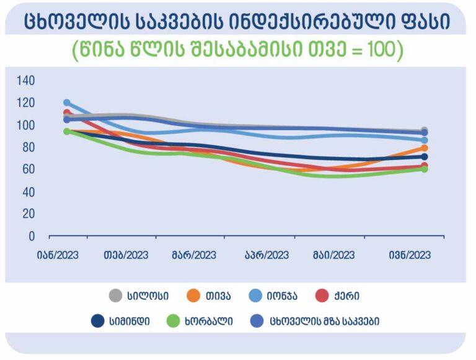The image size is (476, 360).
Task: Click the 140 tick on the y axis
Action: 25,81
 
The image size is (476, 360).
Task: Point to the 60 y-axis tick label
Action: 29,169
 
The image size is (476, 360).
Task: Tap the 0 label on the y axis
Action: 32,236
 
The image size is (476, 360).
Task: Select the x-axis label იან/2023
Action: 58,255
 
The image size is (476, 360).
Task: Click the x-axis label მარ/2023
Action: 194,255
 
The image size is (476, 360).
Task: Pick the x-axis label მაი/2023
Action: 333,255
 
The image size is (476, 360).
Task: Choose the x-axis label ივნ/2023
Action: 410,255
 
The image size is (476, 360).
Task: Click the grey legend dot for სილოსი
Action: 115,296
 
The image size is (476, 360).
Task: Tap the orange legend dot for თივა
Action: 193,296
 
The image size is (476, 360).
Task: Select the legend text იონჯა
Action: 282,296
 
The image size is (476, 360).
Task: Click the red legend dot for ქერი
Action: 322,296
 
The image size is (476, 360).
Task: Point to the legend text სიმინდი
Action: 130,321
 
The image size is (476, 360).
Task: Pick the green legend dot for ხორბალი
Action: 174,321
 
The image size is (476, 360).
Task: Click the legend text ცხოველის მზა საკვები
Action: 324,321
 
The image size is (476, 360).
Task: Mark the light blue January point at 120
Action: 67,103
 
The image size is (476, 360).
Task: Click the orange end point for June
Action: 425,148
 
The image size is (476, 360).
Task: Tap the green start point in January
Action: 67,131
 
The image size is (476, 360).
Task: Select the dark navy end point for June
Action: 425,157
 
